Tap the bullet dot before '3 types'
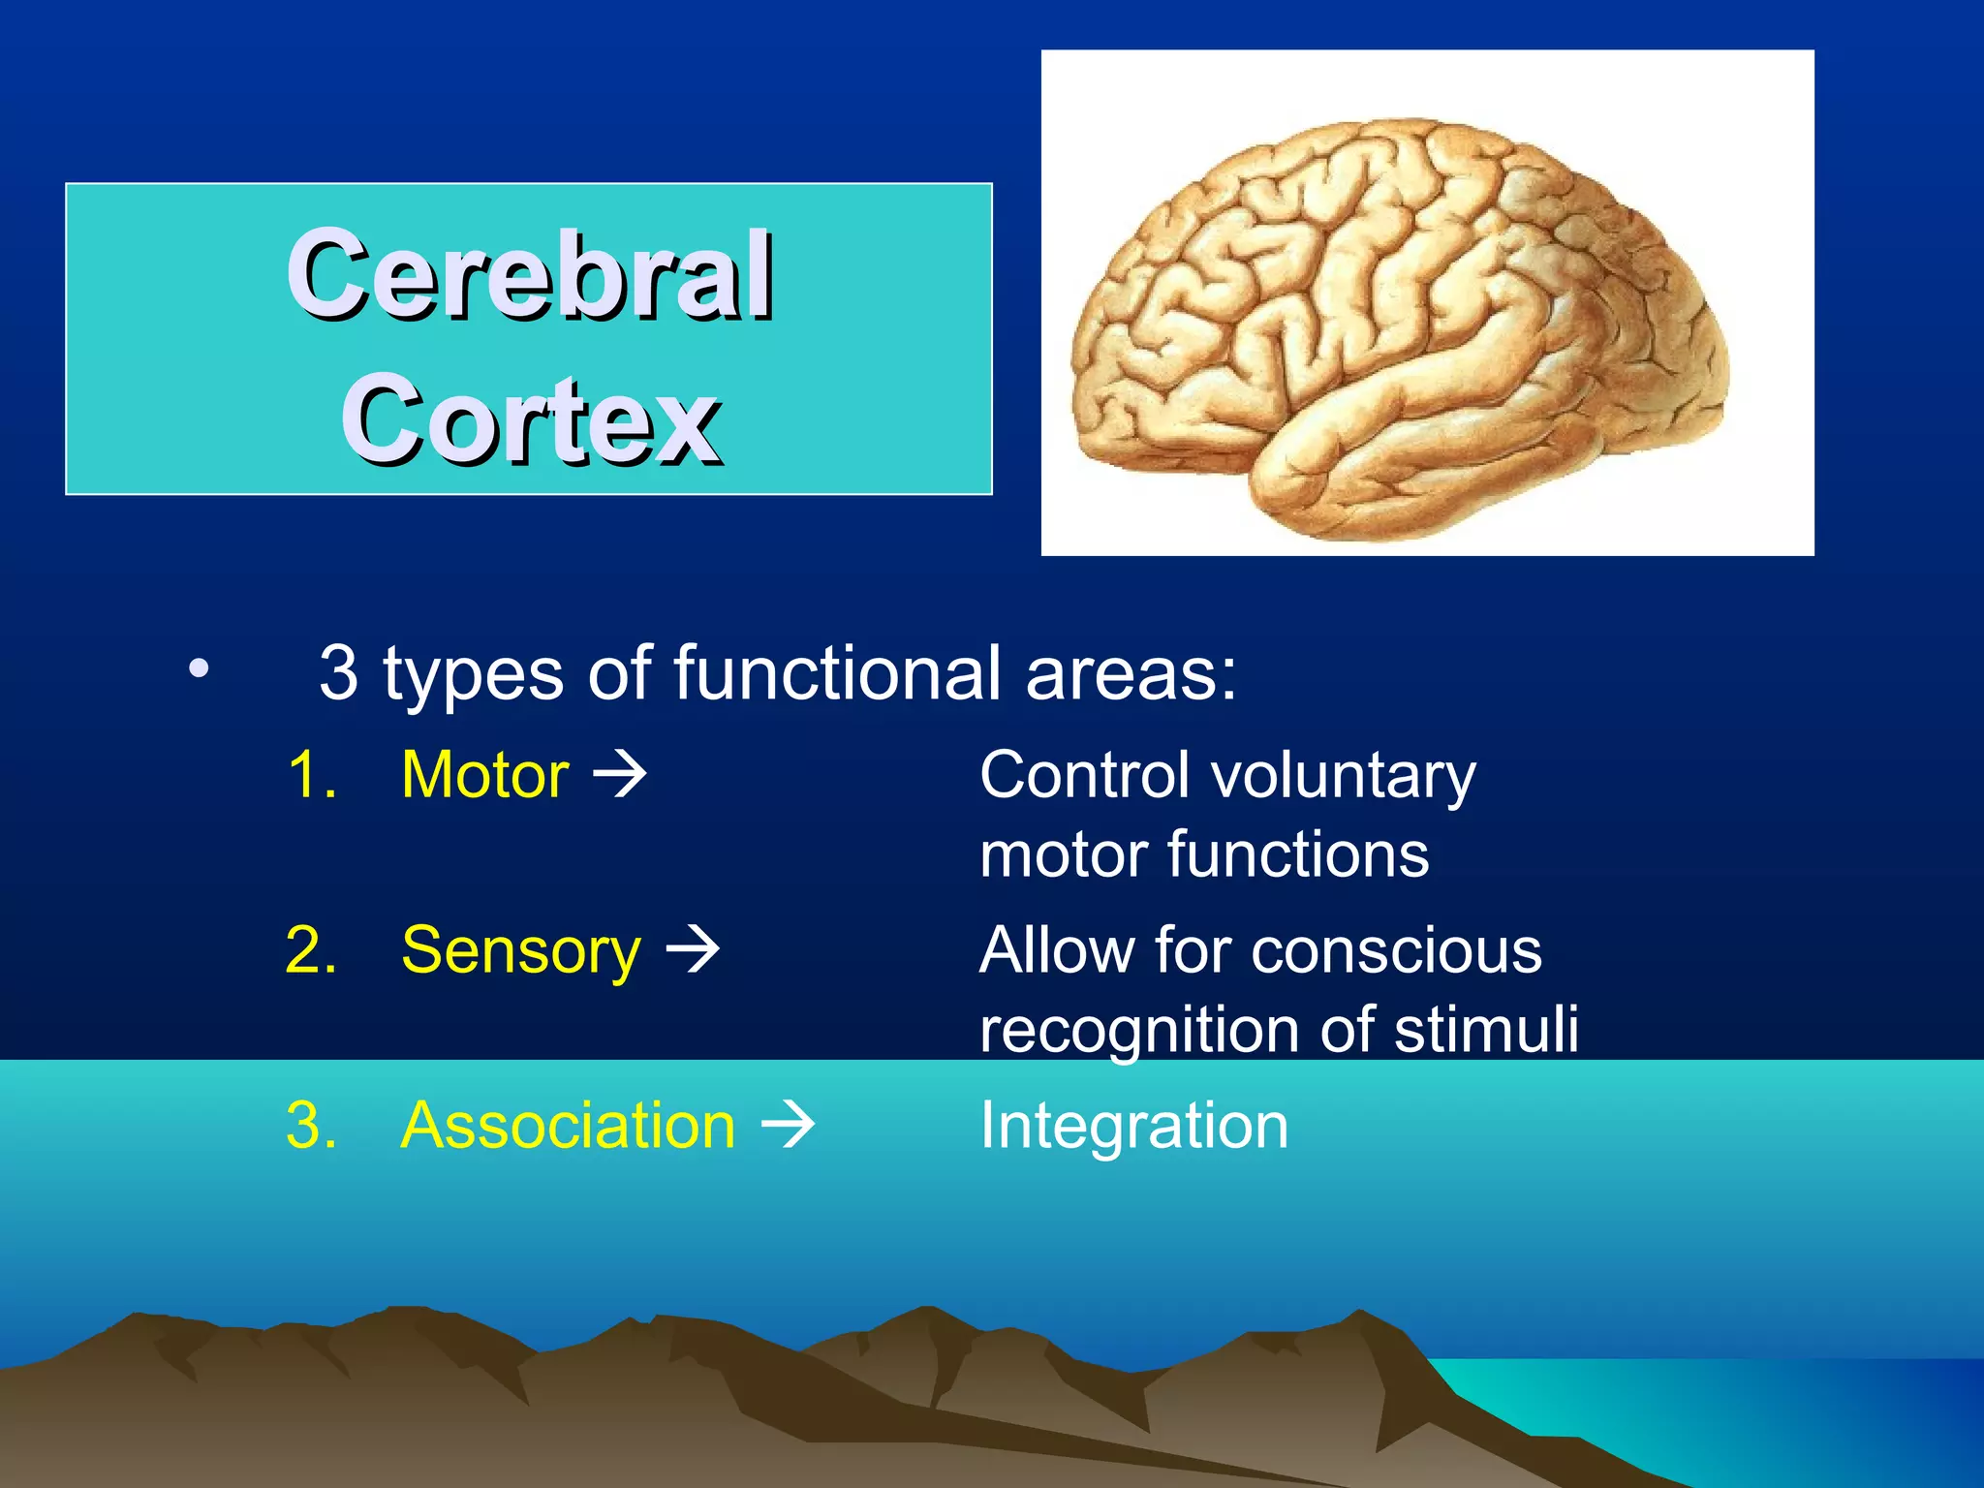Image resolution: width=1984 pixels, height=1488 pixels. [x=199, y=668]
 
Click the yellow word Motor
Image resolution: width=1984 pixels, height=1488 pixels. [x=484, y=775]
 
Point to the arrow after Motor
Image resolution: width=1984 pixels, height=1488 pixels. [x=619, y=775]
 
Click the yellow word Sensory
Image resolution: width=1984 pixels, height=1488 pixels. [x=520, y=950]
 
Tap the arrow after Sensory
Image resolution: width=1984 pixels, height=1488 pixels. [x=693, y=950]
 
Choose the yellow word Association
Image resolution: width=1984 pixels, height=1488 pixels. [x=569, y=1126]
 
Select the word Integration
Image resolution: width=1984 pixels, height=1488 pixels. [x=1133, y=1126]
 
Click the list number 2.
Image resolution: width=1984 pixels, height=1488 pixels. [x=311, y=950]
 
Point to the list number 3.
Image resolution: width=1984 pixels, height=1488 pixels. [x=311, y=1126]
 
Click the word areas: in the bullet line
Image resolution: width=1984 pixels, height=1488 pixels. [x=1131, y=672]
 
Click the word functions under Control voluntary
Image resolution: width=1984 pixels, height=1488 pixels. [x=1297, y=855]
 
